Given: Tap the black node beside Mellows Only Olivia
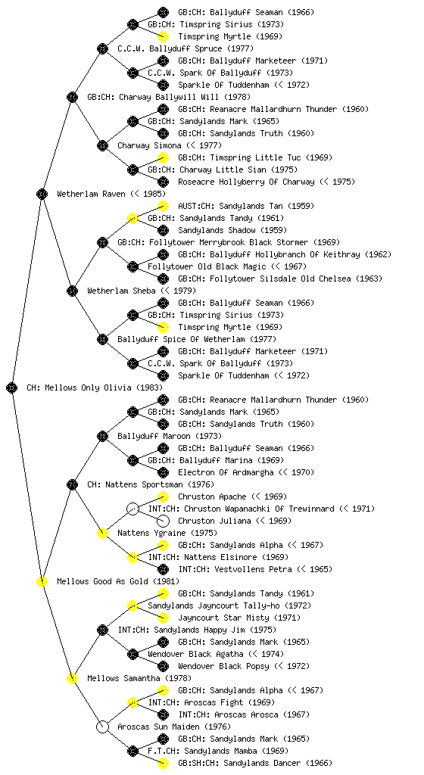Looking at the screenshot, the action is coord(12,388).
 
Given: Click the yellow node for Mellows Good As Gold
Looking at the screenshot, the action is coord(42,582).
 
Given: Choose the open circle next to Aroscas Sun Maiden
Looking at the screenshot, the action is coord(102,727).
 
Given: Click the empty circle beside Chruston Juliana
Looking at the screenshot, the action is coord(163,521).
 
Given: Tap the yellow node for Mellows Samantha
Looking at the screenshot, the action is coord(72,679).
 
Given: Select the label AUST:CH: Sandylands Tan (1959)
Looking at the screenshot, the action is coord(245,206).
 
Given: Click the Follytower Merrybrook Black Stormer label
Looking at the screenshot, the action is coord(229,242).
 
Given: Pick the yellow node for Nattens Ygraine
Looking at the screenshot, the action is coord(102,534).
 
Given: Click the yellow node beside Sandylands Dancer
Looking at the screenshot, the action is coord(163,763).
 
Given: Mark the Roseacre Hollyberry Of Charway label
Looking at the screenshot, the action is coord(267,182).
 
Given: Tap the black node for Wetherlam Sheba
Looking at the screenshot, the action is coord(72,291).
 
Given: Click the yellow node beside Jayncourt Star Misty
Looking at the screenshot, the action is coord(163,618).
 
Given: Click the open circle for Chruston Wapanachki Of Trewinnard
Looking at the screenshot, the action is coord(132,509).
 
